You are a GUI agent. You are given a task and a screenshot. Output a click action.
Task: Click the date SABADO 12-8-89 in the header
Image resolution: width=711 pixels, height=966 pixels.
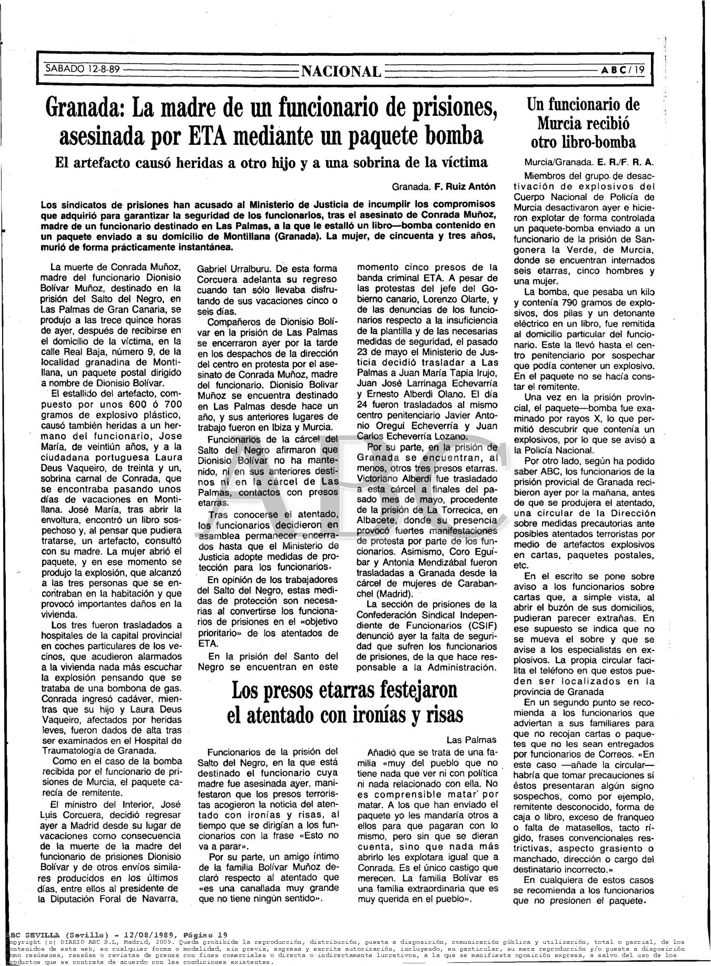tap(82, 68)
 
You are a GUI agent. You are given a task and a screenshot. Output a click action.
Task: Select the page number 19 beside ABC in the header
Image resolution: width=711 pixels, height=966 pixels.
tap(639, 70)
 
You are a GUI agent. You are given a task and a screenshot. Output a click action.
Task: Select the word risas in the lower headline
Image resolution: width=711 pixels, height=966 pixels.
tap(440, 715)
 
